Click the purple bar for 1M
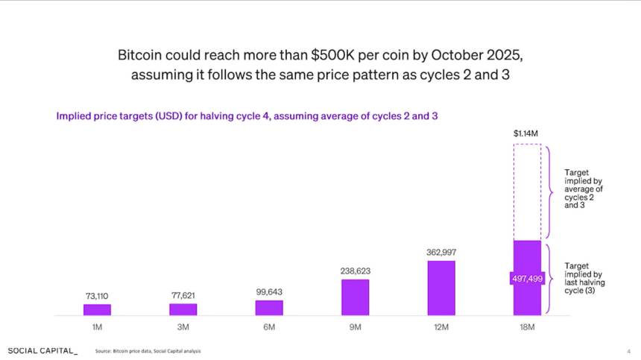97,309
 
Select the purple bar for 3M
183,309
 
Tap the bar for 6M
269,307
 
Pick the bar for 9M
356,297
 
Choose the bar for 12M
441,288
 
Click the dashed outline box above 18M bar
527,192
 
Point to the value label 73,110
97,296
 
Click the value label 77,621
183,295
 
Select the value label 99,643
269,291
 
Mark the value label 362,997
441,252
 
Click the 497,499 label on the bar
526,278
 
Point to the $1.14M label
527,133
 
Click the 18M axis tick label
527,328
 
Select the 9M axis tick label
356,328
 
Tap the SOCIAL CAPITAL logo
42,350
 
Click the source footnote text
148,351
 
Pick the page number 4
628,351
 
